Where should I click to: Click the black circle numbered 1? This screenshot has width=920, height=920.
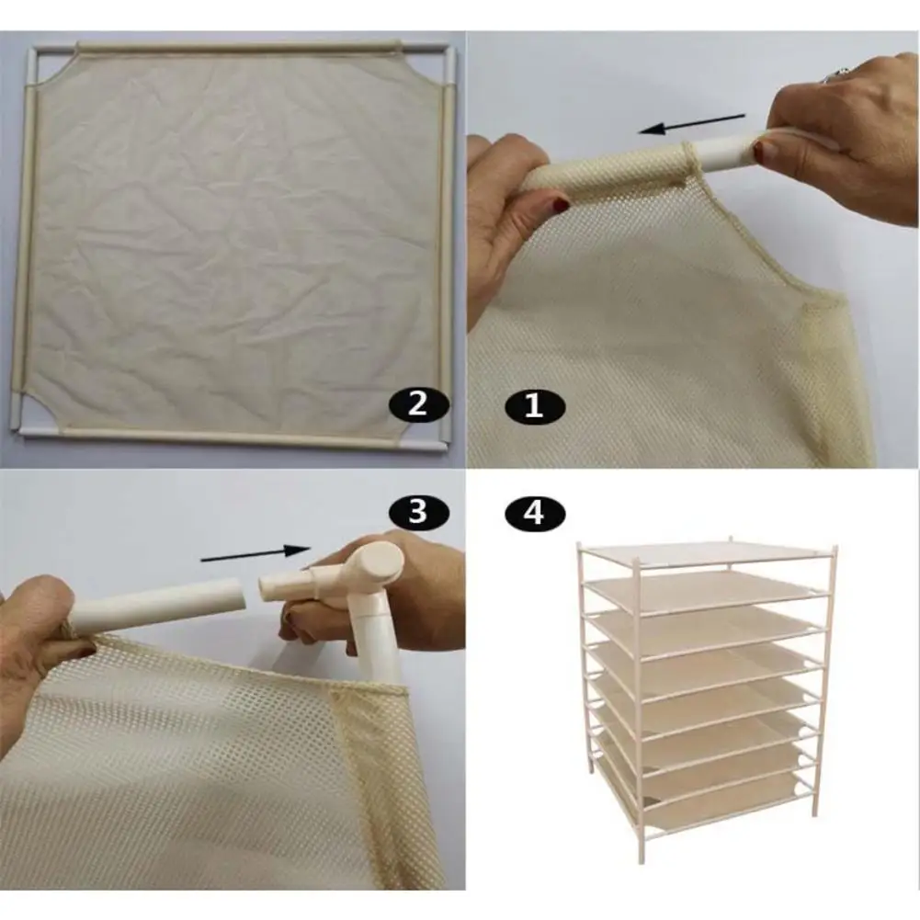[x=535, y=406]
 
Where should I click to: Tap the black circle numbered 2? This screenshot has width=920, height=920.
[x=418, y=404]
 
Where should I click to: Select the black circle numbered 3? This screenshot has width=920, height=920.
[x=418, y=512]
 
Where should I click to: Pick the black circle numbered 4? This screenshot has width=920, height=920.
[x=535, y=514]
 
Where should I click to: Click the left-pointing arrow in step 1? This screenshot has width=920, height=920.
[x=691, y=124]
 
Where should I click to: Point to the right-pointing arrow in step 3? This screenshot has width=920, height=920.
[x=256, y=553]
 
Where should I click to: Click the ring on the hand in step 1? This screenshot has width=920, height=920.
[x=835, y=75]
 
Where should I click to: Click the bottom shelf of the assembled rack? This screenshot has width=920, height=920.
[x=721, y=799]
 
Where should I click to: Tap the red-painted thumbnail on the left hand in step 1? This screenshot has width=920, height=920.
[x=560, y=205]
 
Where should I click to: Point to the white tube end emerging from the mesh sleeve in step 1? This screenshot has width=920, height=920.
[x=728, y=152]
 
